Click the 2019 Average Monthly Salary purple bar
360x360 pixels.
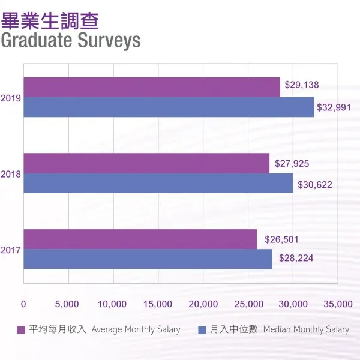pos(152,87)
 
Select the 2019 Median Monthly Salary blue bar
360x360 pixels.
pos(169,107)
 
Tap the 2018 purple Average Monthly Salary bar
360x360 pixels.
pos(146,163)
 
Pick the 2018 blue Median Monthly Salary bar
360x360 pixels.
pos(158,184)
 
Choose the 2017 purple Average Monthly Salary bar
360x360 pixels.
pos(140,239)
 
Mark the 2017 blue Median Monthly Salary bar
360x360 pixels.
pos(148,259)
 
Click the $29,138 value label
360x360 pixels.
pos(301,85)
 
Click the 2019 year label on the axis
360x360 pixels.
pos(11,97)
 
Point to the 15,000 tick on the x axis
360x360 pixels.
pos(158,304)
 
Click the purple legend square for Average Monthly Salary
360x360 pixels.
pos(20,329)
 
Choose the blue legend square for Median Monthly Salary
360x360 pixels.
pos(202,329)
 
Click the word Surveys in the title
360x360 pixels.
pos(109,40)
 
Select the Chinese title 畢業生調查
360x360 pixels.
pos(50,20)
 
